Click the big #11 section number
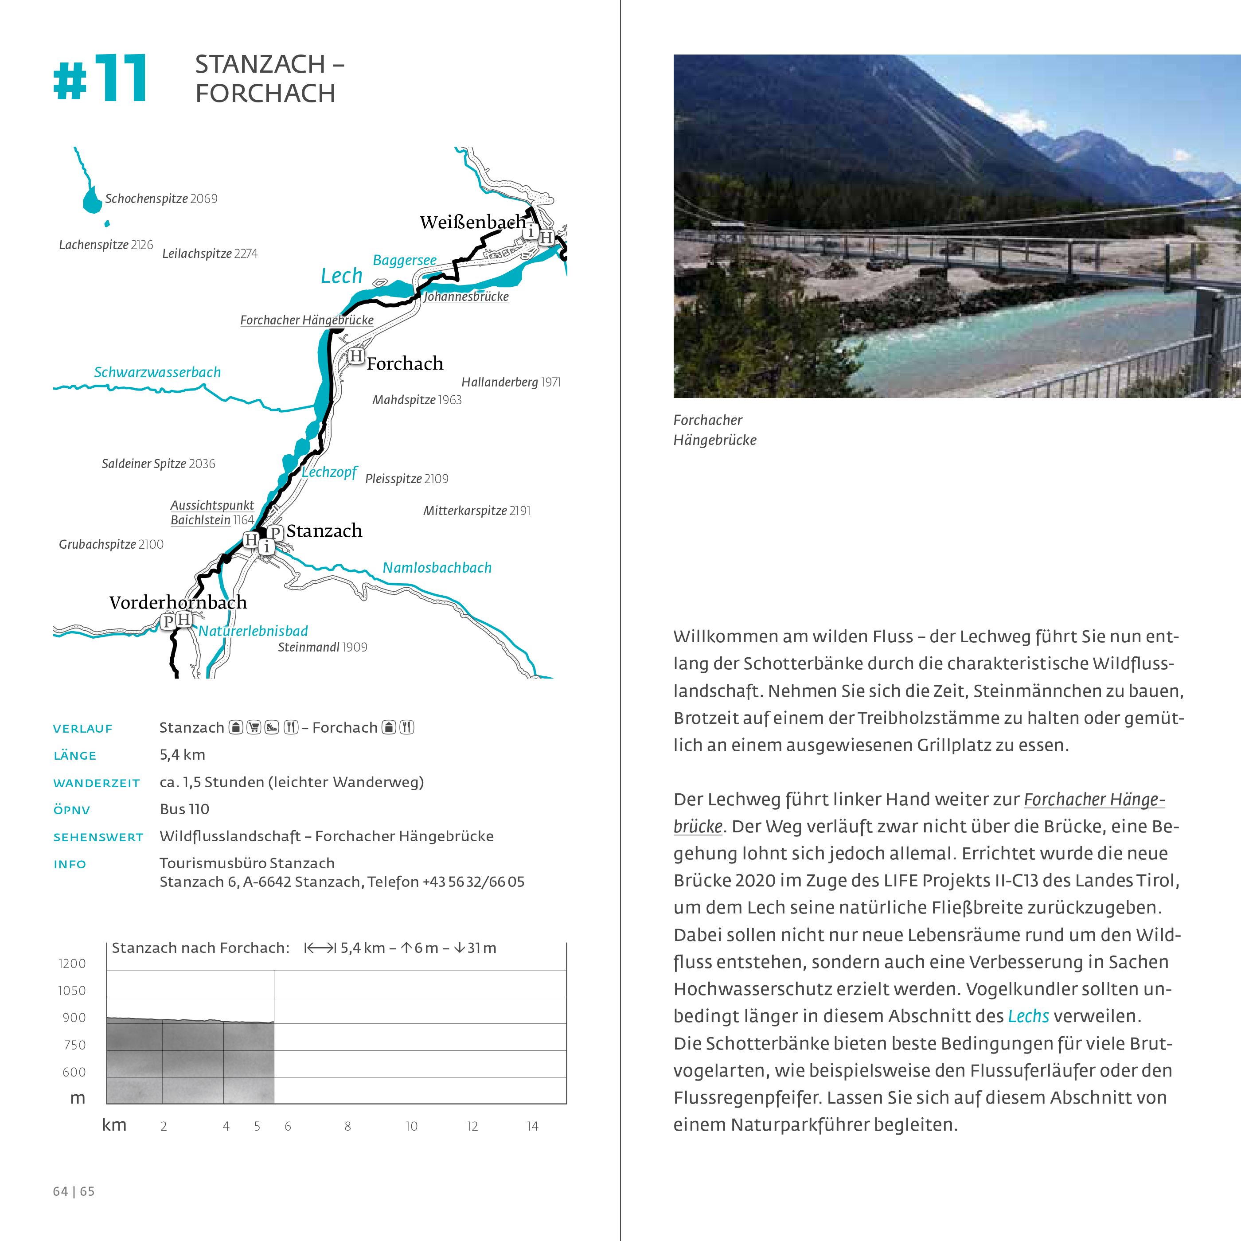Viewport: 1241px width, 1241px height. coord(100,79)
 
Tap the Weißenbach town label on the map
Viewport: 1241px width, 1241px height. coord(473,222)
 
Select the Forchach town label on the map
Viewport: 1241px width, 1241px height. coord(405,363)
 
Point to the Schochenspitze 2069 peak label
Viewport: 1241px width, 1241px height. coord(161,199)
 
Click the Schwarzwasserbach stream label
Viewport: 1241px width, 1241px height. coord(157,373)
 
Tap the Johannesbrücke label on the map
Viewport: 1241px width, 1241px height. coord(466,297)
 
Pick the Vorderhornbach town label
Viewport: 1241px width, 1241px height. coord(178,602)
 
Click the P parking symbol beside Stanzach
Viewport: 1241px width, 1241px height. coord(275,532)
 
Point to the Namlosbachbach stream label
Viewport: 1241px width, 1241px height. coord(437,568)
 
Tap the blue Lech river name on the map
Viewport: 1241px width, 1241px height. coord(341,276)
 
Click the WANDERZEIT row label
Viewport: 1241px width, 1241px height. coord(96,783)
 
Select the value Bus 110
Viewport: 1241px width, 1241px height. coord(184,809)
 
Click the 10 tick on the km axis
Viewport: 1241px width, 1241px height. coord(411,1126)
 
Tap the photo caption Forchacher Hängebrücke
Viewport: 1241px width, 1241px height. coord(714,430)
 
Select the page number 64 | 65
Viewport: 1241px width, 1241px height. coord(74,1191)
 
